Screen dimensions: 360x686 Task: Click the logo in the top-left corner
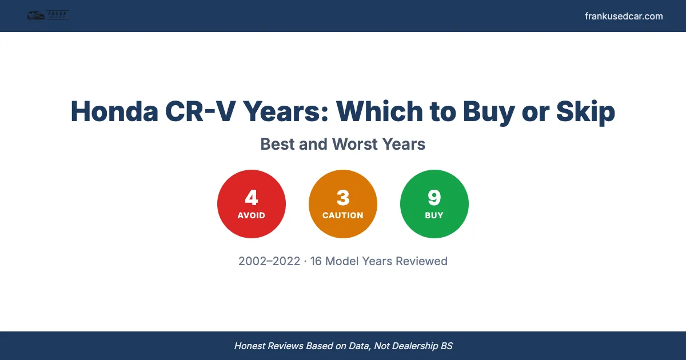click(47, 16)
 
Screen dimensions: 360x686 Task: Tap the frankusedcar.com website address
click(624, 16)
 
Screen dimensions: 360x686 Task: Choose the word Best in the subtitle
click(278, 144)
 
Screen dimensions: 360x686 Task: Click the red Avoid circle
click(252, 204)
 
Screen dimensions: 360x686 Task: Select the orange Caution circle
click(343, 204)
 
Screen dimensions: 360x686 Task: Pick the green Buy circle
click(434, 204)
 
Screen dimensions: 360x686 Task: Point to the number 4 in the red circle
click(252, 197)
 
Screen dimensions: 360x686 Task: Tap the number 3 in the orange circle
click(343, 197)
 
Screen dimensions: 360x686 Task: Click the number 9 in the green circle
click(434, 197)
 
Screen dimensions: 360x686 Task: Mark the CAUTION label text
click(343, 215)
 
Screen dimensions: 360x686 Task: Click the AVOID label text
click(252, 215)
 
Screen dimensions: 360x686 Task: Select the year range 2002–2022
click(269, 261)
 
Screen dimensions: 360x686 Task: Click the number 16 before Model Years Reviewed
click(316, 261)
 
